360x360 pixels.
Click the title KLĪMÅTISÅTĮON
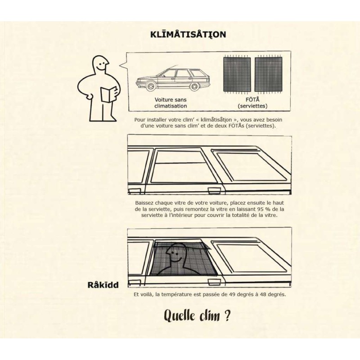(x=188, y=34)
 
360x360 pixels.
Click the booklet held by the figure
(x=108, y=94)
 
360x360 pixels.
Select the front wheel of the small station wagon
(x=151, y=86)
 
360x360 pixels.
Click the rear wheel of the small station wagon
(x=195, y=86)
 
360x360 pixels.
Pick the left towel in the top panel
(x=237, y=74)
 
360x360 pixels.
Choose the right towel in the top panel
(x=268, y=74)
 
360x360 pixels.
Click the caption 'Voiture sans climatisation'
(x=171, y=103)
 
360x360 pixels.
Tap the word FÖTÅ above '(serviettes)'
(x=252, y=99)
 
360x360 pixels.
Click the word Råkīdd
(x=103, y=285)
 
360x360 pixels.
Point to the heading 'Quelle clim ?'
(x=197, y=316)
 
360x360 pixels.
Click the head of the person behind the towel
(x=176, y=253)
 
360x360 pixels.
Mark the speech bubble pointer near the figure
(x=123, y=65)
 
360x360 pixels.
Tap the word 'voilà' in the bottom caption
(x=148, y=294)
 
